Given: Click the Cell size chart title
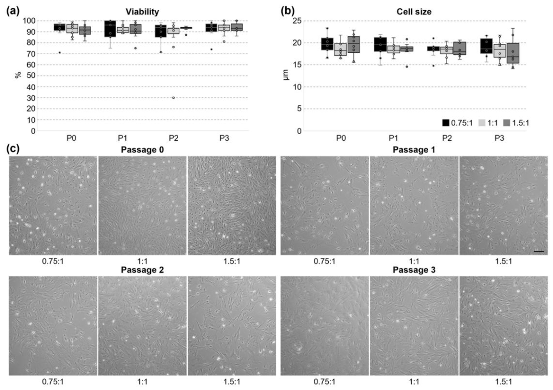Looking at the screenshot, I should (414, 11).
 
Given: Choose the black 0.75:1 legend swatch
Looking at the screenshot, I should (446, 123).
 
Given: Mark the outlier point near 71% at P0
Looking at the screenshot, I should (60, 53).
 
